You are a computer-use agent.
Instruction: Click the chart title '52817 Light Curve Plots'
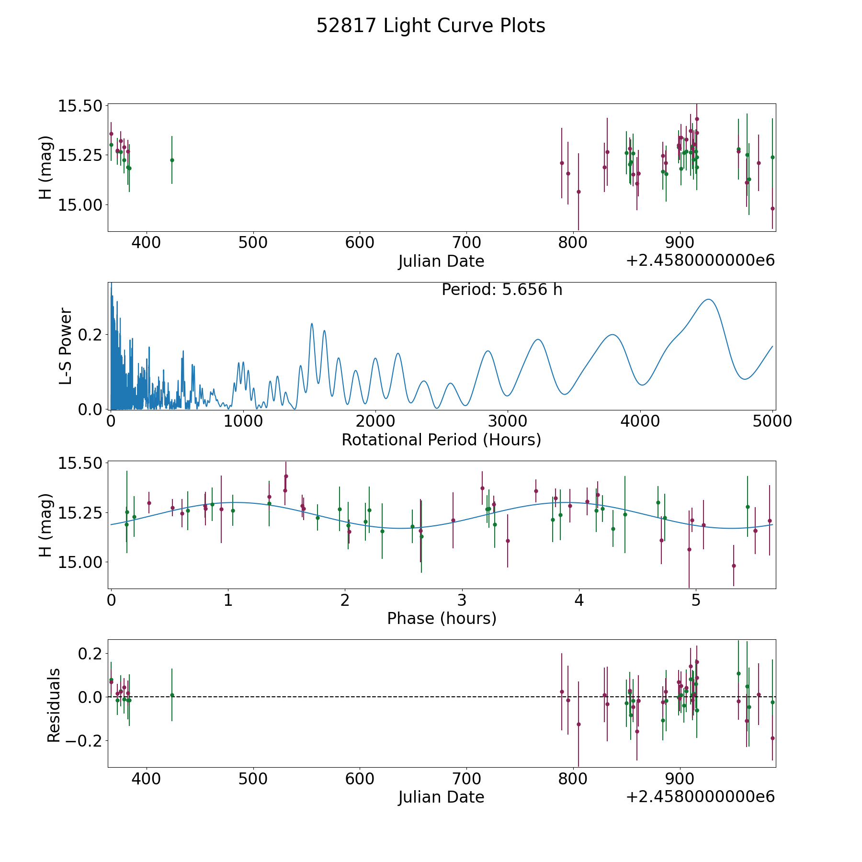[431, 26]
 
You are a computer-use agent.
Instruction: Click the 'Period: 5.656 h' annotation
[502, 290]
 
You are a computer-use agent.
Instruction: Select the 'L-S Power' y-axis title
[66, 346]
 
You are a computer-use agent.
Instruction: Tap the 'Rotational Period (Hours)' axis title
[441, 440]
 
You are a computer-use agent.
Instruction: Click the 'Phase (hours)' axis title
[442, 618]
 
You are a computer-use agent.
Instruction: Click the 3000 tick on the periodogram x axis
[508, 421]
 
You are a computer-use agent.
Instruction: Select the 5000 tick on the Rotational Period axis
[772, 421]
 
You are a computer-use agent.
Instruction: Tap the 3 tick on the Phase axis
[462, 600]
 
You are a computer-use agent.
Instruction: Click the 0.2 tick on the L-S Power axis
[90, 334]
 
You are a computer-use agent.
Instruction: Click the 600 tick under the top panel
[360, 243]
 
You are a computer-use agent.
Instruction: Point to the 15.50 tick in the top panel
[80, 106]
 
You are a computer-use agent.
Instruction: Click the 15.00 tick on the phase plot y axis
[80, 562]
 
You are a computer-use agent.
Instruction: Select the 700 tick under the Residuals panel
[466, 779]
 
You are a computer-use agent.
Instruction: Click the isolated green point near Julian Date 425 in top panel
[172, 160]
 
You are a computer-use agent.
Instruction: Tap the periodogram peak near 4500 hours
[708, 299]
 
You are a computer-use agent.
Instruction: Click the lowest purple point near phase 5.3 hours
[733, 566]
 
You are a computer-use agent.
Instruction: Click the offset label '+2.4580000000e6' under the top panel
[700, 261]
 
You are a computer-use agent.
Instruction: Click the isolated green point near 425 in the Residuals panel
[172, 695]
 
